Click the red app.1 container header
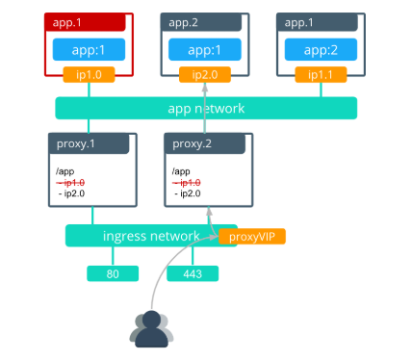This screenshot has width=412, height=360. pos(88,21)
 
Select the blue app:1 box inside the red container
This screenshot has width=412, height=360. pos(89,49)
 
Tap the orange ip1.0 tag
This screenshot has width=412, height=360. pos(89,74)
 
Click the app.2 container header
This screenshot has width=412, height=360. pos(204,21)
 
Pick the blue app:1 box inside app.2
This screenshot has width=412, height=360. pos(204,49)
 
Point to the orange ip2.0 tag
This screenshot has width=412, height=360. pos(204,74)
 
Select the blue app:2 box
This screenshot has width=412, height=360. pos(321,49)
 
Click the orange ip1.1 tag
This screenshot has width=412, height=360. pos(321,74)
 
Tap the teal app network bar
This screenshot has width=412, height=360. pos(206,108)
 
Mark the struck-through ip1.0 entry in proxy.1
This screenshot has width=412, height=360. pos(71,182)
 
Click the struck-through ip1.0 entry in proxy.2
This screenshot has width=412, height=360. pos(188,182)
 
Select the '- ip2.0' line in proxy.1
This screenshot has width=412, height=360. pos(72,193)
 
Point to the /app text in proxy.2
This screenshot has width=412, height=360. pos(181,170)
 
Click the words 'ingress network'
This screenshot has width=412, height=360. pos(150,236)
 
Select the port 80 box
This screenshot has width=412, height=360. pos(112,274)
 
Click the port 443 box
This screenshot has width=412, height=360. pos(193,274)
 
